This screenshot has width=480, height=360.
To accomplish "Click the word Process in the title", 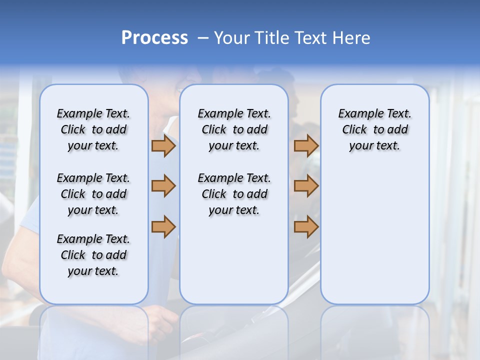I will click(154, 38).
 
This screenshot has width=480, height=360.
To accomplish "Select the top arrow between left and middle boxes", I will click(163, 145).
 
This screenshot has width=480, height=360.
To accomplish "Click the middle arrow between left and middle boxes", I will click(163, 186).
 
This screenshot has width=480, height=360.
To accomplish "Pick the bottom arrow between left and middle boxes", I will click(163, 226).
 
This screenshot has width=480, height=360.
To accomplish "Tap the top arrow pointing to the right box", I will click(306, 145).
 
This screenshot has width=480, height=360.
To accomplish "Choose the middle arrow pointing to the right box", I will click(306, 186).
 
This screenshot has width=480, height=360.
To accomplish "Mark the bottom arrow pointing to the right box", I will click(306, 226).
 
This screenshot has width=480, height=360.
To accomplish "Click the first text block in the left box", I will click(93, 129).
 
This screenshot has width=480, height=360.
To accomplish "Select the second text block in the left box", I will click(93, 194).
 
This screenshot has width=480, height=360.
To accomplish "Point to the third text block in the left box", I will click(93, 255).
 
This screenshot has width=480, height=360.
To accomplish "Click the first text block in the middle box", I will click(234, 129).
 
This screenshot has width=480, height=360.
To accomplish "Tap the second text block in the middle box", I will click(234, 194).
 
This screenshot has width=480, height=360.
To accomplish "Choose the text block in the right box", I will click(375, 129).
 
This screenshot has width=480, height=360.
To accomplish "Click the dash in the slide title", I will click(203, 38).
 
